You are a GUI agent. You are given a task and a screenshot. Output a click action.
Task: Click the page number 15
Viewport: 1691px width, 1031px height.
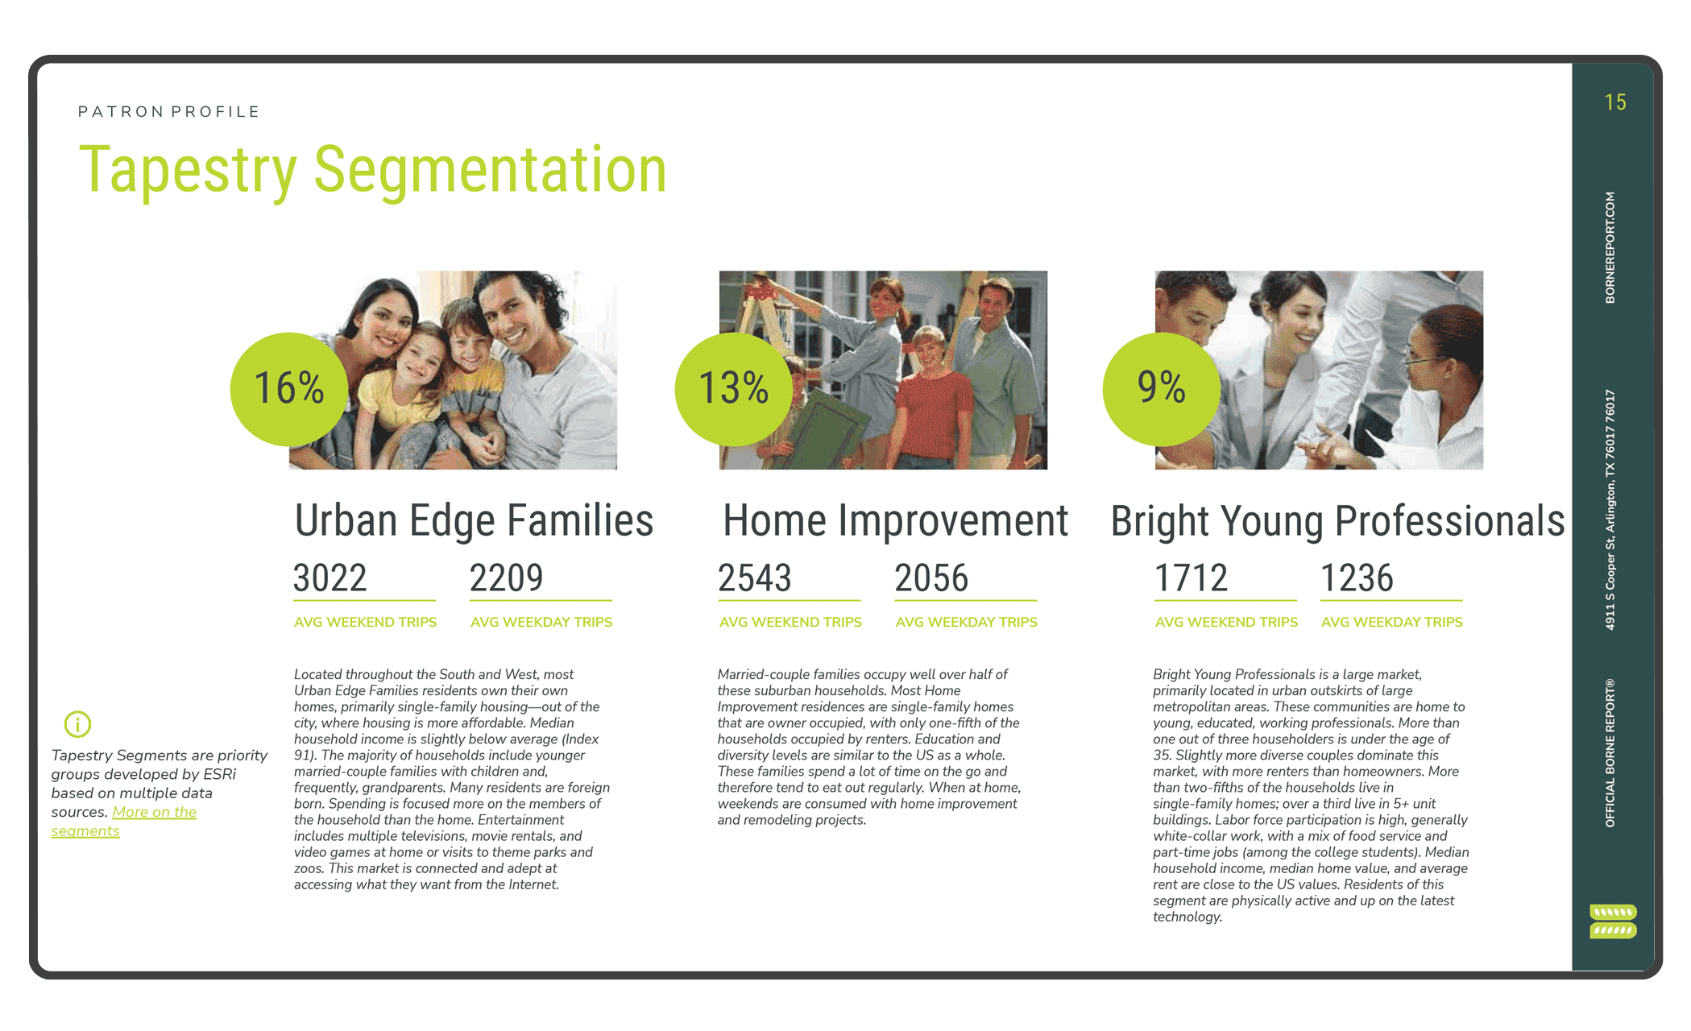click(x=1614, y=102)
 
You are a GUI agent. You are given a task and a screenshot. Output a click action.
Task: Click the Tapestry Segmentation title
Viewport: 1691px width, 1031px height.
click(x=372, y=169)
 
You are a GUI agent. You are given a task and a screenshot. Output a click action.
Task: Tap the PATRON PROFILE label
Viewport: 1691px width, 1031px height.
click(x=168, y=111)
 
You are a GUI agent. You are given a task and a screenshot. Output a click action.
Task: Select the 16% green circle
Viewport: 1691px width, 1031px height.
click(x=289, y=388)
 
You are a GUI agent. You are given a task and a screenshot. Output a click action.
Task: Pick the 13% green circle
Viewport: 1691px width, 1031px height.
click(x=734, y=388)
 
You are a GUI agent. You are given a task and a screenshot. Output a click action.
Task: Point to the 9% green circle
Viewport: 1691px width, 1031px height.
click(x=1162, y=388)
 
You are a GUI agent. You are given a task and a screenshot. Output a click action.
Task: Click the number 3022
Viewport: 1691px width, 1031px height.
click(x=329, y=578)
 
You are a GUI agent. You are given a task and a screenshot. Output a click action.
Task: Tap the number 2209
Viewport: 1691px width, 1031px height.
click(x=506, y=578)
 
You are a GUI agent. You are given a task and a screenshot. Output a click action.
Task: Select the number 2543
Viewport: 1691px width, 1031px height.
click(x=755, y=578)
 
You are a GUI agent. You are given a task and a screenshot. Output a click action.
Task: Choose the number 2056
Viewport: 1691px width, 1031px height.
click(x=931, y=578)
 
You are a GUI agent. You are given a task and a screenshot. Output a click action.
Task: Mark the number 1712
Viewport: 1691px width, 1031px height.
click(x=1191, y=578)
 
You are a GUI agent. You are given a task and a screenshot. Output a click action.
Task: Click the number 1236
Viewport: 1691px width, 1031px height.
click(x=1357, y=578)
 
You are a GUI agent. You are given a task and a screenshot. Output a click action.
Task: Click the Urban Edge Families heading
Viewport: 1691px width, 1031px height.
click(x=474, y=520)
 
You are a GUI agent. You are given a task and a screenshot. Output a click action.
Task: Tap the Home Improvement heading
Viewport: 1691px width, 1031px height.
click(x=895, y=520)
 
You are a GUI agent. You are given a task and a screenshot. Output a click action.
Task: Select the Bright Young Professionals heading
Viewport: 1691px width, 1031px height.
click(x=1337, y=520)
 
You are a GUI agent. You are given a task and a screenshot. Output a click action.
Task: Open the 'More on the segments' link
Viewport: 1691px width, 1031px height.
click(x=124, y=821)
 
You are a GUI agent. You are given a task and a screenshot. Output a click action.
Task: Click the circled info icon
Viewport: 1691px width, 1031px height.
click(x=77, y=724)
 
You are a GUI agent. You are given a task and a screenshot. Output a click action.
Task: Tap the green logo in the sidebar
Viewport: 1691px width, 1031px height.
click(x=1613, y=921)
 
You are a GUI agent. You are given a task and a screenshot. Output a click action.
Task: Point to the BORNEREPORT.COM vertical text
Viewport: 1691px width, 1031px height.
click(x=1610, y=247)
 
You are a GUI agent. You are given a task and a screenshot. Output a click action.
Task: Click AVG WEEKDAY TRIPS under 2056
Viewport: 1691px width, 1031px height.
click(x=966, y=622)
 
